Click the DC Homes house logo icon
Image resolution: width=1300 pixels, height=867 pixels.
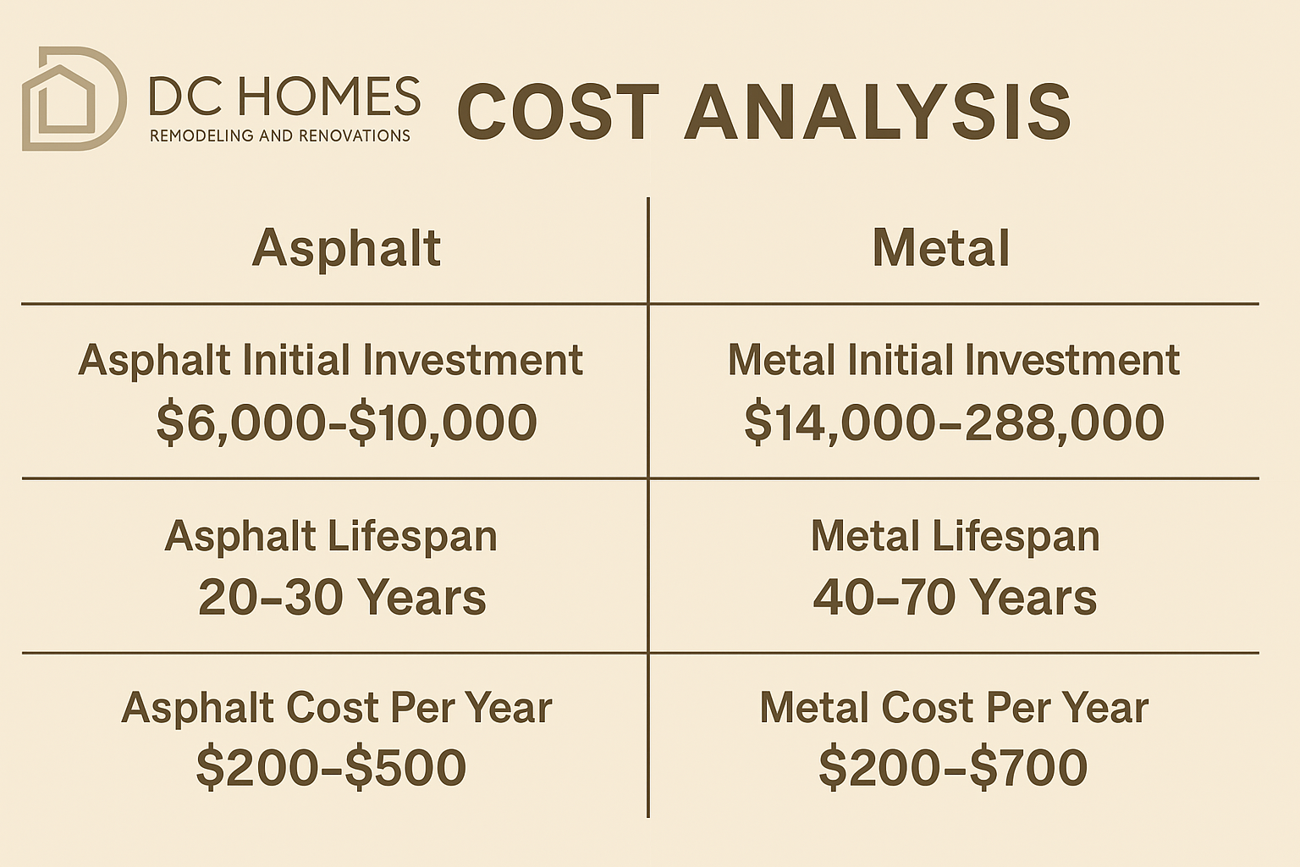coord(73,99)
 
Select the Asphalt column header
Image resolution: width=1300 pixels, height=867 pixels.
coord(346,248)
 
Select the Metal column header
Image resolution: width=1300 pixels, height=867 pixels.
coord(941,248)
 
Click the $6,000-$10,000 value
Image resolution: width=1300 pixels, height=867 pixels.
coord(346,422)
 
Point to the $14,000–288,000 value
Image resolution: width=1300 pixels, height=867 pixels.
coord(954,422)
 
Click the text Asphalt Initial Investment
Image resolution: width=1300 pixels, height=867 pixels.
coord(330,360)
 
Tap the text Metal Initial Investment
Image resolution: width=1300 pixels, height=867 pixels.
coord(953,360)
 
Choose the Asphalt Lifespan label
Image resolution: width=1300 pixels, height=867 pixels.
coord(331,536)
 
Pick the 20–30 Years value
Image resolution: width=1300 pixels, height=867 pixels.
coord(342,597)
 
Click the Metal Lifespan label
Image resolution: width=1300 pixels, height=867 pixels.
coord(955,536)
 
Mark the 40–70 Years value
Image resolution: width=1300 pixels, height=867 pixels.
coord(955,597)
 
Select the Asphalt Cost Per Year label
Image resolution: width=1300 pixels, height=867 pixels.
coord(336,707)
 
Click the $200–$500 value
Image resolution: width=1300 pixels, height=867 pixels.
coord(331,768)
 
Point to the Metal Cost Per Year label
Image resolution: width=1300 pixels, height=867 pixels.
coord(954,707)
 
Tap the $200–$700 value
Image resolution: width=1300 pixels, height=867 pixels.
coord(953,768)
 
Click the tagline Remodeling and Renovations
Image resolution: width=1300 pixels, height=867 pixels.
coord(280,135)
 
